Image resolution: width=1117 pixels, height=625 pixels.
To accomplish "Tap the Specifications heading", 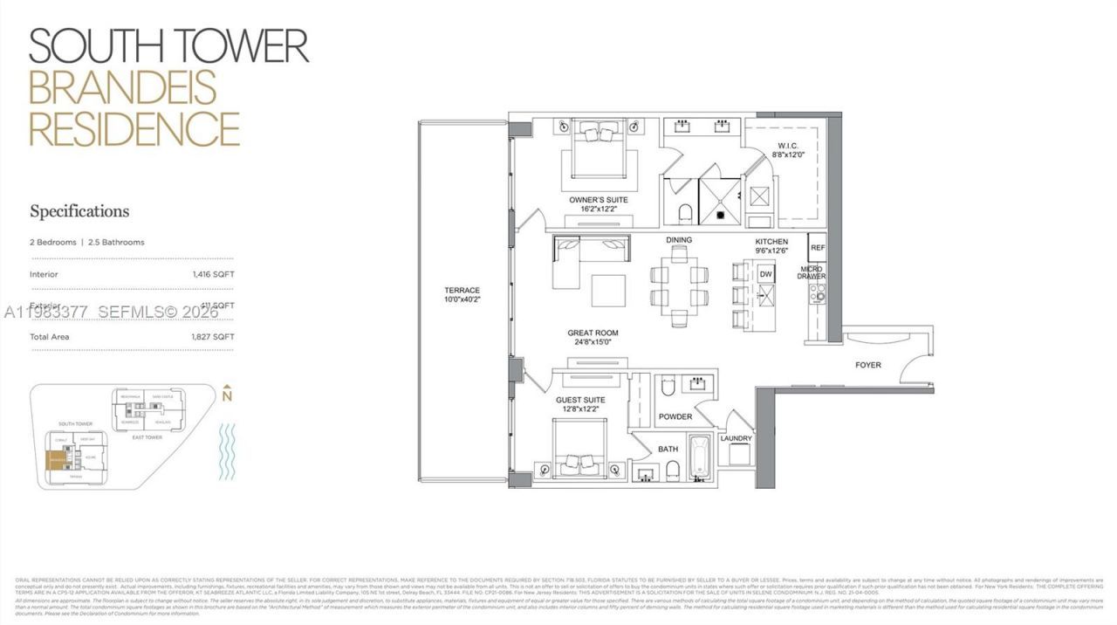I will [x=79, y=211].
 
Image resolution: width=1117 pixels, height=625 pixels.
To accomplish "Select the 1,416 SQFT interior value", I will [x=214, y=274].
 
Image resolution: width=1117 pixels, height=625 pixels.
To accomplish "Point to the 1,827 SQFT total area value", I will [x=214, y=337].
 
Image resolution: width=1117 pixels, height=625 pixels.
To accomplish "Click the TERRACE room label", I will [x=462, y=295].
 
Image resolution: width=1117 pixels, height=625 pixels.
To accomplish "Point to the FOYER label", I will [x=867, y=365].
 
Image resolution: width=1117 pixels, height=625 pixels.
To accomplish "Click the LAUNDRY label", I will [x=736, y=438].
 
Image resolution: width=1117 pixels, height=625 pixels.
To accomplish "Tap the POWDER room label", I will [x=675, y=416].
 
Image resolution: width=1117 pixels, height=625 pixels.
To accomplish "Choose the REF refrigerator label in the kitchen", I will [x=818, y=248].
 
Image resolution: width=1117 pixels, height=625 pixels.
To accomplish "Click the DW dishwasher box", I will [x=766, y=275].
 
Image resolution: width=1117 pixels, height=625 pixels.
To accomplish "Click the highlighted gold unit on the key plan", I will [x=58, y=460].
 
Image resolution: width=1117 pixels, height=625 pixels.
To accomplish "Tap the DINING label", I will [x=678, y=240].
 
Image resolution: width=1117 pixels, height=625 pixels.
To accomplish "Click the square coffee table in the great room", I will [x=607, y=291].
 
